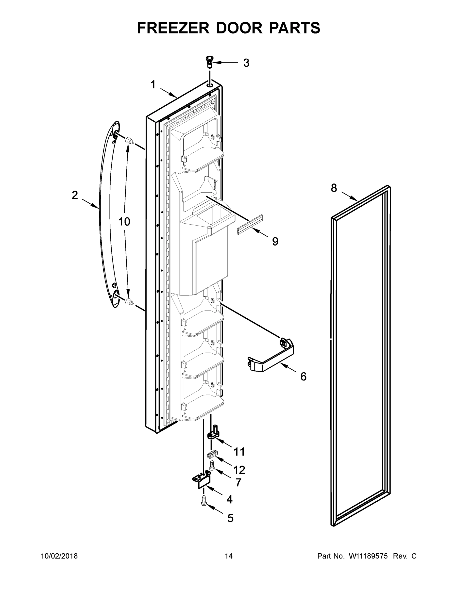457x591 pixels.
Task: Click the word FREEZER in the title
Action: click(x=173, y=28)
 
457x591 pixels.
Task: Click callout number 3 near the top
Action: click(x=246, y=63)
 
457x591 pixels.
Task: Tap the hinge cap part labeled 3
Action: click(x=209, y=62)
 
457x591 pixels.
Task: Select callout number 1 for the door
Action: click(x=153, y=85)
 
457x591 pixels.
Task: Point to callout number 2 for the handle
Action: click(x=75, y=195)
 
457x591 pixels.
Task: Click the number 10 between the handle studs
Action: click(x=124, y=222)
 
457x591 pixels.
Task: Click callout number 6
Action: click(x=303, y=377)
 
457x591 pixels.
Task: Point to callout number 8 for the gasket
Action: click(x=334, y=188)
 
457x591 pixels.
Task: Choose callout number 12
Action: click(x=239, y=470)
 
